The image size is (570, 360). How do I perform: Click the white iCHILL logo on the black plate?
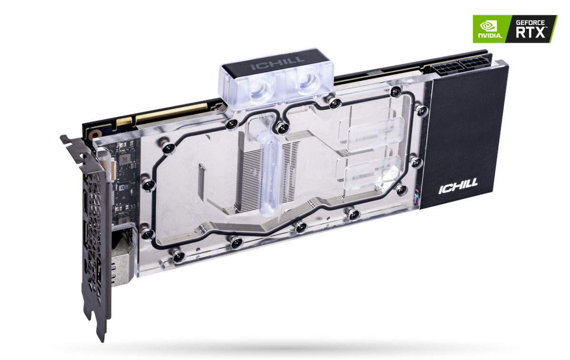(x=458, y=182)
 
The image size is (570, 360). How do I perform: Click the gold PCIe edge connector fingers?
(x=171, y=112)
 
